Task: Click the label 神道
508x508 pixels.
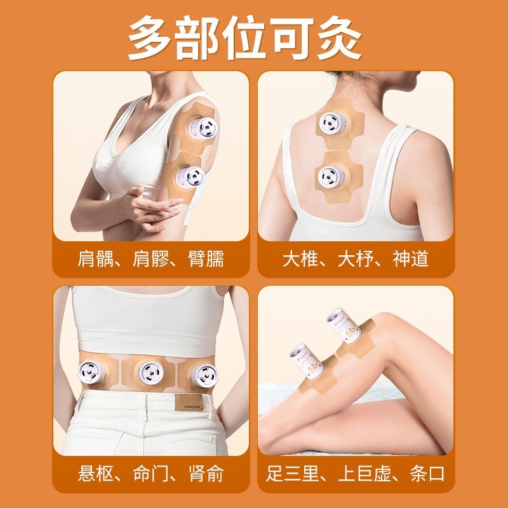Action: [411, 258]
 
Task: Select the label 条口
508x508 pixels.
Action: [427, 474]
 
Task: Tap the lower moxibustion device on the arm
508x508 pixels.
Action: [187, 177]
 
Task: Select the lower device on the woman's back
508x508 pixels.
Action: [331, 175]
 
